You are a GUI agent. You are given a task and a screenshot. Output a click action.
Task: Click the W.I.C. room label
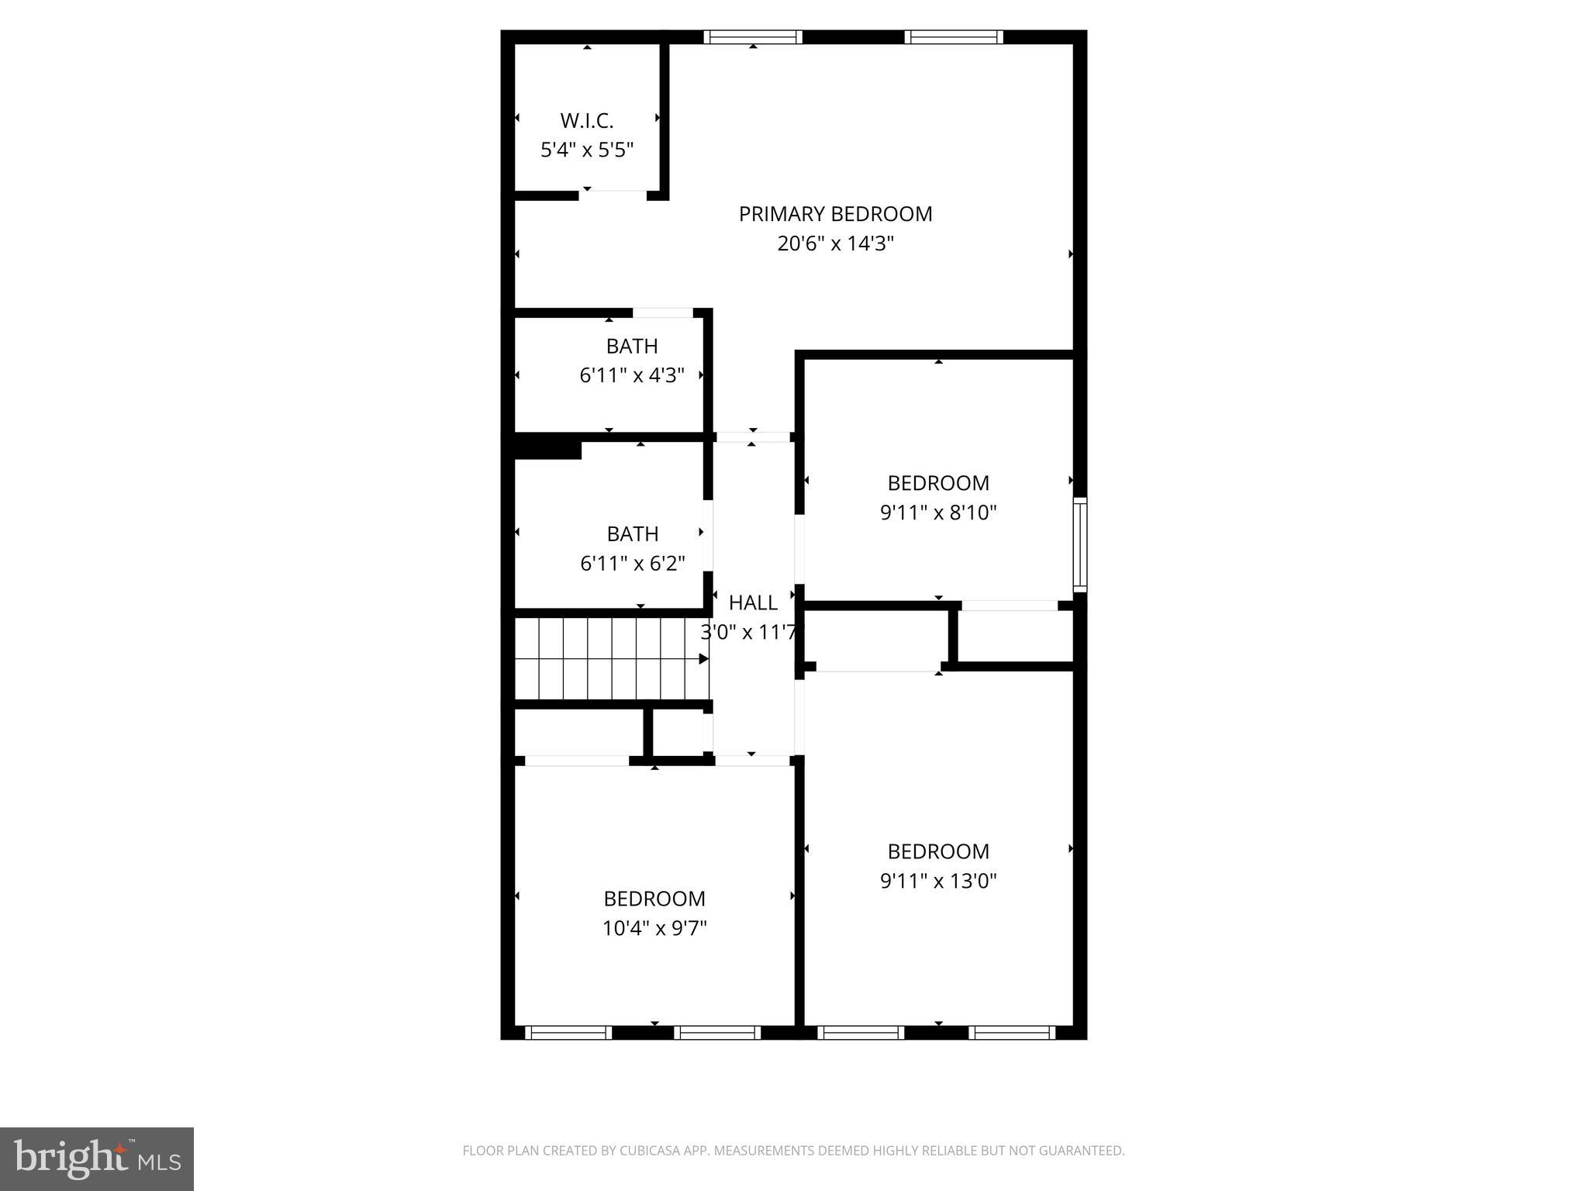point(587,121)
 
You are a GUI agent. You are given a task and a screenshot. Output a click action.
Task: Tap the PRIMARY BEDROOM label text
point(835,214)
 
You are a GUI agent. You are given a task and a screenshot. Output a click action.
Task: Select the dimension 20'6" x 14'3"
point(835,243)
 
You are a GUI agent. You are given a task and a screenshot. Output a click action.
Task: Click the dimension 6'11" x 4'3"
point(632,375)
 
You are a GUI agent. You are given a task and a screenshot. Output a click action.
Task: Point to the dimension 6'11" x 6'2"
point(633,563)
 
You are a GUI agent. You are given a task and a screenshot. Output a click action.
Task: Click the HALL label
point(753,602)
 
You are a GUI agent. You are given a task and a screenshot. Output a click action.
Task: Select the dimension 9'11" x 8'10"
point(938,513)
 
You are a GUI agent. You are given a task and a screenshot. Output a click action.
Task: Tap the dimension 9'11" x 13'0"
point(938,881)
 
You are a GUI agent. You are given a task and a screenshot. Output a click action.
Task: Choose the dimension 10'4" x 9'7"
point(654,928)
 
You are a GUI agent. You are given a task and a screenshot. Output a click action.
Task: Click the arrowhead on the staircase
point(703,659)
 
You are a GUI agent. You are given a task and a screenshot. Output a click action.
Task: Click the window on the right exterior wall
point(1079,545)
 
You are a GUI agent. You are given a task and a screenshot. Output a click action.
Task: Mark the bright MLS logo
point(97,1159)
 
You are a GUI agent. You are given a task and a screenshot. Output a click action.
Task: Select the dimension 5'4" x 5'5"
point(587,150)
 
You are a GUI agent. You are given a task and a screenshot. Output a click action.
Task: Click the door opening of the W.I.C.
point(613,194)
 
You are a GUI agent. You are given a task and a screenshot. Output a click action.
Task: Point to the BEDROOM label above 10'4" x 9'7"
point(654,899)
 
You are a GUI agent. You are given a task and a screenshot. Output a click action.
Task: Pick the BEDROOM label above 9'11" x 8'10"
point(938,483)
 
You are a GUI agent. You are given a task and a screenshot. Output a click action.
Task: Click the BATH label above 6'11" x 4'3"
point(632,346)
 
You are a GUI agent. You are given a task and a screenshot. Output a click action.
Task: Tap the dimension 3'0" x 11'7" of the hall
point(749,633)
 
